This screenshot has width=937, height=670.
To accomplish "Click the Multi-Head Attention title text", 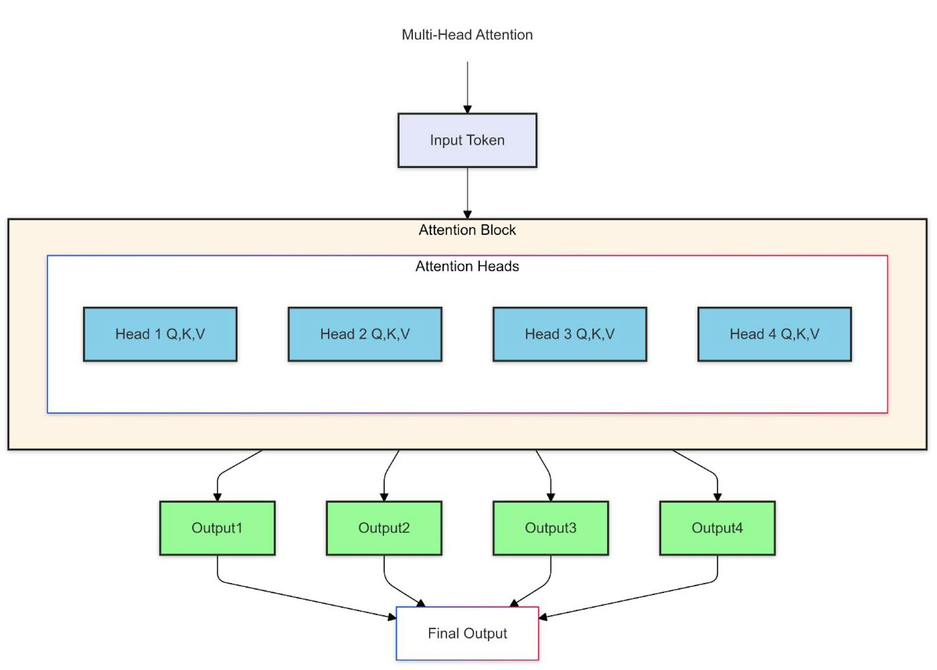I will point(467,35).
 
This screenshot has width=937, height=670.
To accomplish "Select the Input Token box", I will point(467,141).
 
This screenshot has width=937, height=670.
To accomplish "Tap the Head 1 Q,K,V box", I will point(160,334).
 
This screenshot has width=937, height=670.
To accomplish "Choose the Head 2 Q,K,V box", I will point(365,334).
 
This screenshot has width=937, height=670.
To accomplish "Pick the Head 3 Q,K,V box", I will point(570,334).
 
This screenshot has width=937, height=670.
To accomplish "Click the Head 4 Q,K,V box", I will point(774,334).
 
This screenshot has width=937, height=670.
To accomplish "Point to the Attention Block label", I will point(467,230).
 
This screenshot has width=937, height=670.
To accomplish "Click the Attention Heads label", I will point(467,266).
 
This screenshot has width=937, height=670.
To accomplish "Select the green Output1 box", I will point(217,528).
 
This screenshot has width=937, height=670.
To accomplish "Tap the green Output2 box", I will point(384,528).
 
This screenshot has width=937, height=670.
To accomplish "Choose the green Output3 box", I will point(550,528).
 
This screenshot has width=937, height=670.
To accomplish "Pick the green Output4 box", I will point(717,528).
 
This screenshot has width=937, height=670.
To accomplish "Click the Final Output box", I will point(467,633).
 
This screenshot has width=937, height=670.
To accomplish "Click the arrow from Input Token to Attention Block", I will point(468,192).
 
